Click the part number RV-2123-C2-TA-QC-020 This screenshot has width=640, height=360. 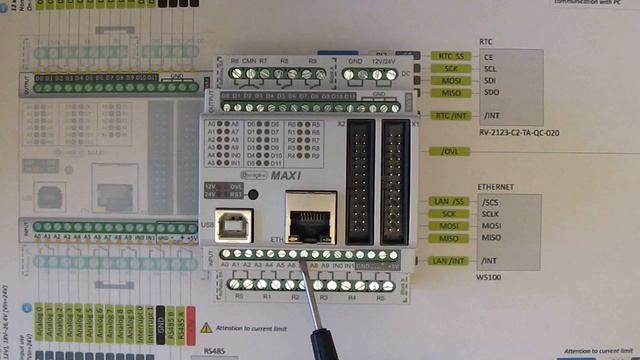518,132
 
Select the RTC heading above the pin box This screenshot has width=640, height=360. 486,42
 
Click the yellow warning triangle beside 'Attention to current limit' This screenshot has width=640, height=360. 206,326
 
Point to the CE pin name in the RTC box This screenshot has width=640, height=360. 489,57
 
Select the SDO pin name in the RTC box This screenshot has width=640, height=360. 490,92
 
